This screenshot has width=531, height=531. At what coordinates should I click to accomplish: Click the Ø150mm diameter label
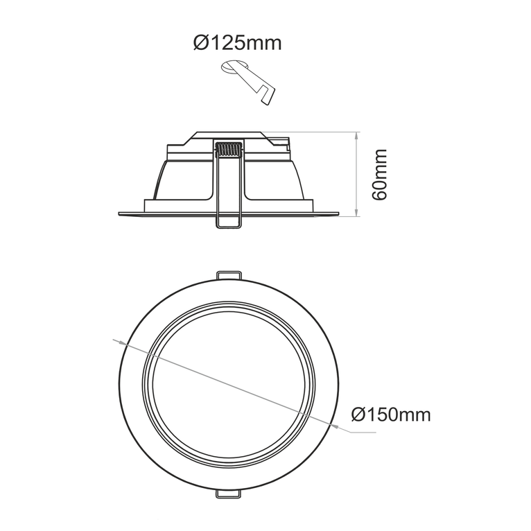coord(390,415)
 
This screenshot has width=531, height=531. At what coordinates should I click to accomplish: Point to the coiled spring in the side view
coord(228,150)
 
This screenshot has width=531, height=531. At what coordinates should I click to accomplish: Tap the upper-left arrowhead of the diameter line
coord(120,342)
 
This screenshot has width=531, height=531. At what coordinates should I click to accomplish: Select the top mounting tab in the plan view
coord(229,275)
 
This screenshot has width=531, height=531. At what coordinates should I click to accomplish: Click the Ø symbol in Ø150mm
coord(358,415)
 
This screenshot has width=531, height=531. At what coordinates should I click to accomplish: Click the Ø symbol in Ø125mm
coord(200,43)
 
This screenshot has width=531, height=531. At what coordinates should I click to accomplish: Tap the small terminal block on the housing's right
coord(286,144)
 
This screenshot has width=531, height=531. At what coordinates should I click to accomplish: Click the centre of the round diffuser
coord(229,384)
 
